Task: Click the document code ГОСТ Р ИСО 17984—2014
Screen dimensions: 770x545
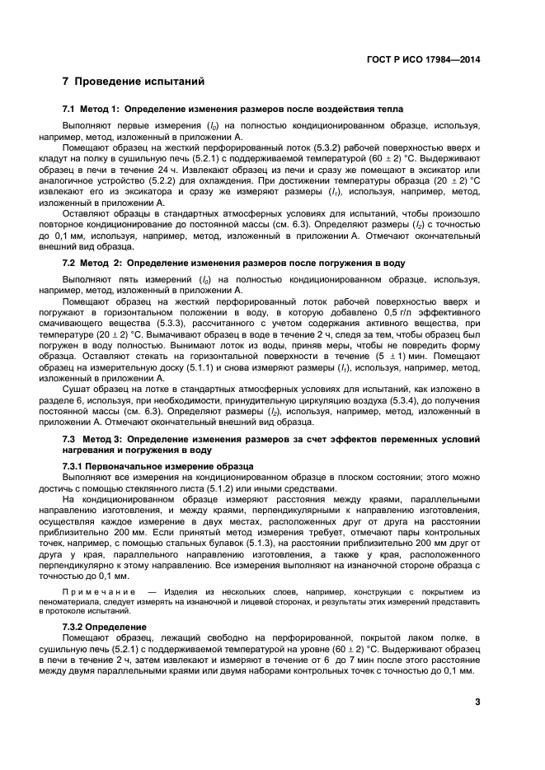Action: click(x=423, y=59)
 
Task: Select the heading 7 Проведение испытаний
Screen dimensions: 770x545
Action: click(x=128, y=82)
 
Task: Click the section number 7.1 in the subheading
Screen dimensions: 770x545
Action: click(x=70, y=110)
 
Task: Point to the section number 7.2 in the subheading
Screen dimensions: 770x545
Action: click(x=70, y=263)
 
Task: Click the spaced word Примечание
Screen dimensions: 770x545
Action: click(x=99, y=592)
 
